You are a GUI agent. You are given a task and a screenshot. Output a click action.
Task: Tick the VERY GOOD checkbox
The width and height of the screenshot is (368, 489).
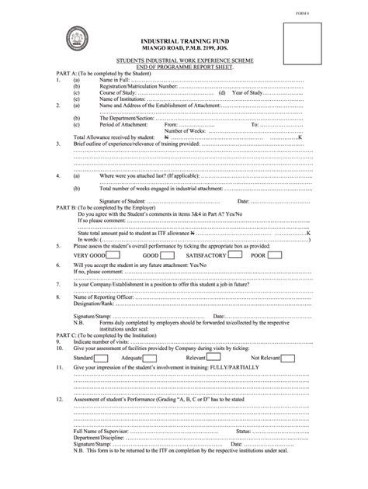pyautogui.click(x=113, y=255)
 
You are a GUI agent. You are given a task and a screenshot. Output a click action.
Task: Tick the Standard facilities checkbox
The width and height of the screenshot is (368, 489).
pyautogui.click(x=99, y=359)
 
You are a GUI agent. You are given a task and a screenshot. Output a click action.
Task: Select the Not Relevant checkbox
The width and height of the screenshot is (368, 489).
pyautogui.click(x=288, y=359)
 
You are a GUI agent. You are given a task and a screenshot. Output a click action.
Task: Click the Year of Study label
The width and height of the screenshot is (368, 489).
pyautogui.click(x=245, y=93)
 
